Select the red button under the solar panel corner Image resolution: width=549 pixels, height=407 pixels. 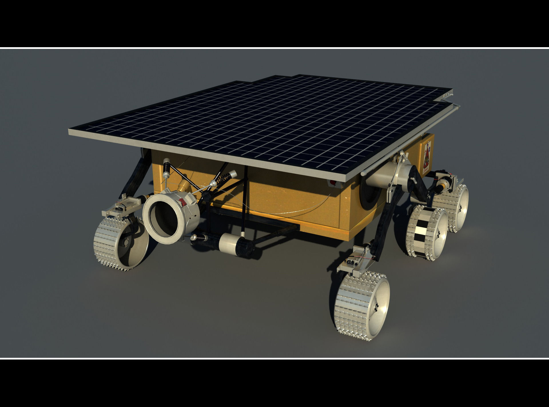point(333,183)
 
